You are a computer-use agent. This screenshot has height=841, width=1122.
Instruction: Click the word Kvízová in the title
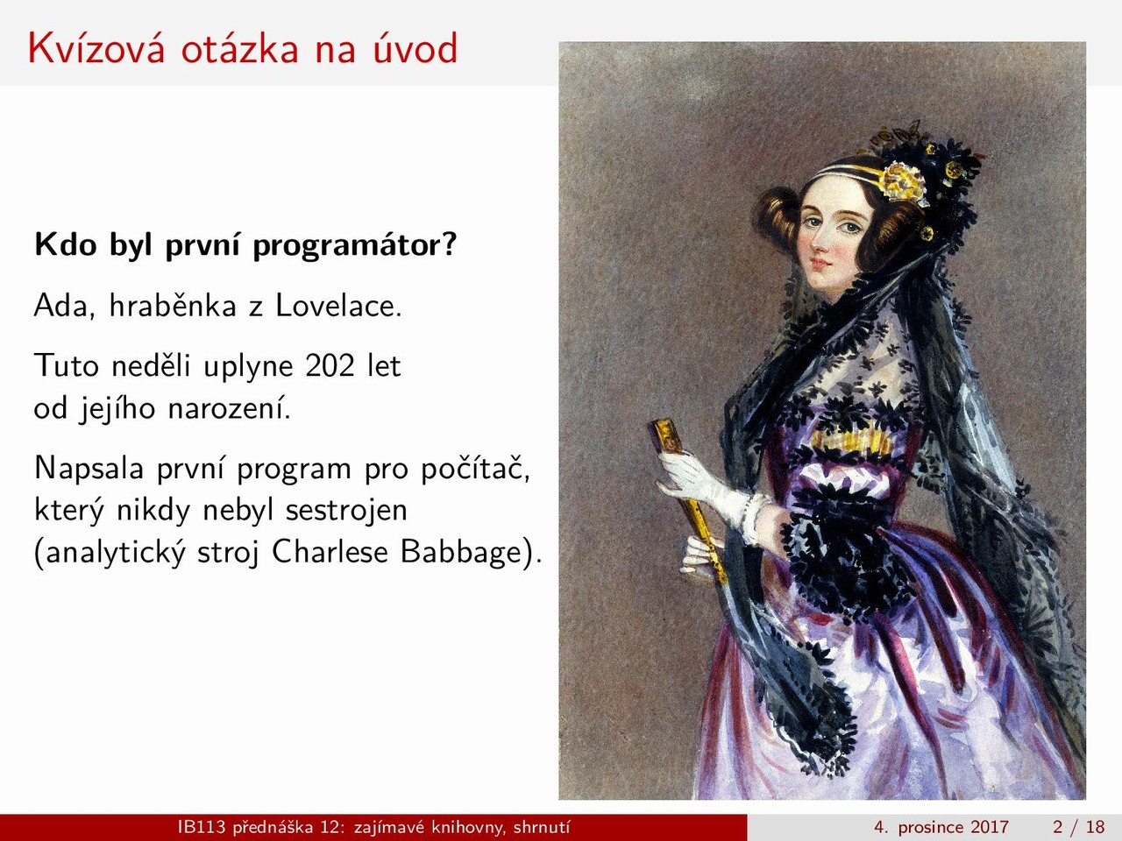tap(97, 48)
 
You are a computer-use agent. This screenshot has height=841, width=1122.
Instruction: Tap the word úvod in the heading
tap(415, 48)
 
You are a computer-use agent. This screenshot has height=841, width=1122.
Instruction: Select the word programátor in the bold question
tap(354, 246)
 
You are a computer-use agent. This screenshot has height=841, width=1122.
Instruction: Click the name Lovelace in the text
tap(338, 306)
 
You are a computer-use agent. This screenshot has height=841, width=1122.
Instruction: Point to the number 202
tap(330, 365)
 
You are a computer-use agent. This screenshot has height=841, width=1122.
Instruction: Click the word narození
tap(229, 408)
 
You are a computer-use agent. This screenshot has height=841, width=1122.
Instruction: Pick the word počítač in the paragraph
tap(475, 469)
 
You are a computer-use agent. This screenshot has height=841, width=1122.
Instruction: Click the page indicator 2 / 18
tap(1079, 827)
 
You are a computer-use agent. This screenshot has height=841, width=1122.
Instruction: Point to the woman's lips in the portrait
tap(819, 264)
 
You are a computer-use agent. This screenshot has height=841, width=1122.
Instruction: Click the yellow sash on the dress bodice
tap(851, 440)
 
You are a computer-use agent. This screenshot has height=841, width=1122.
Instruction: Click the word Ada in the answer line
tap(64, 306)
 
